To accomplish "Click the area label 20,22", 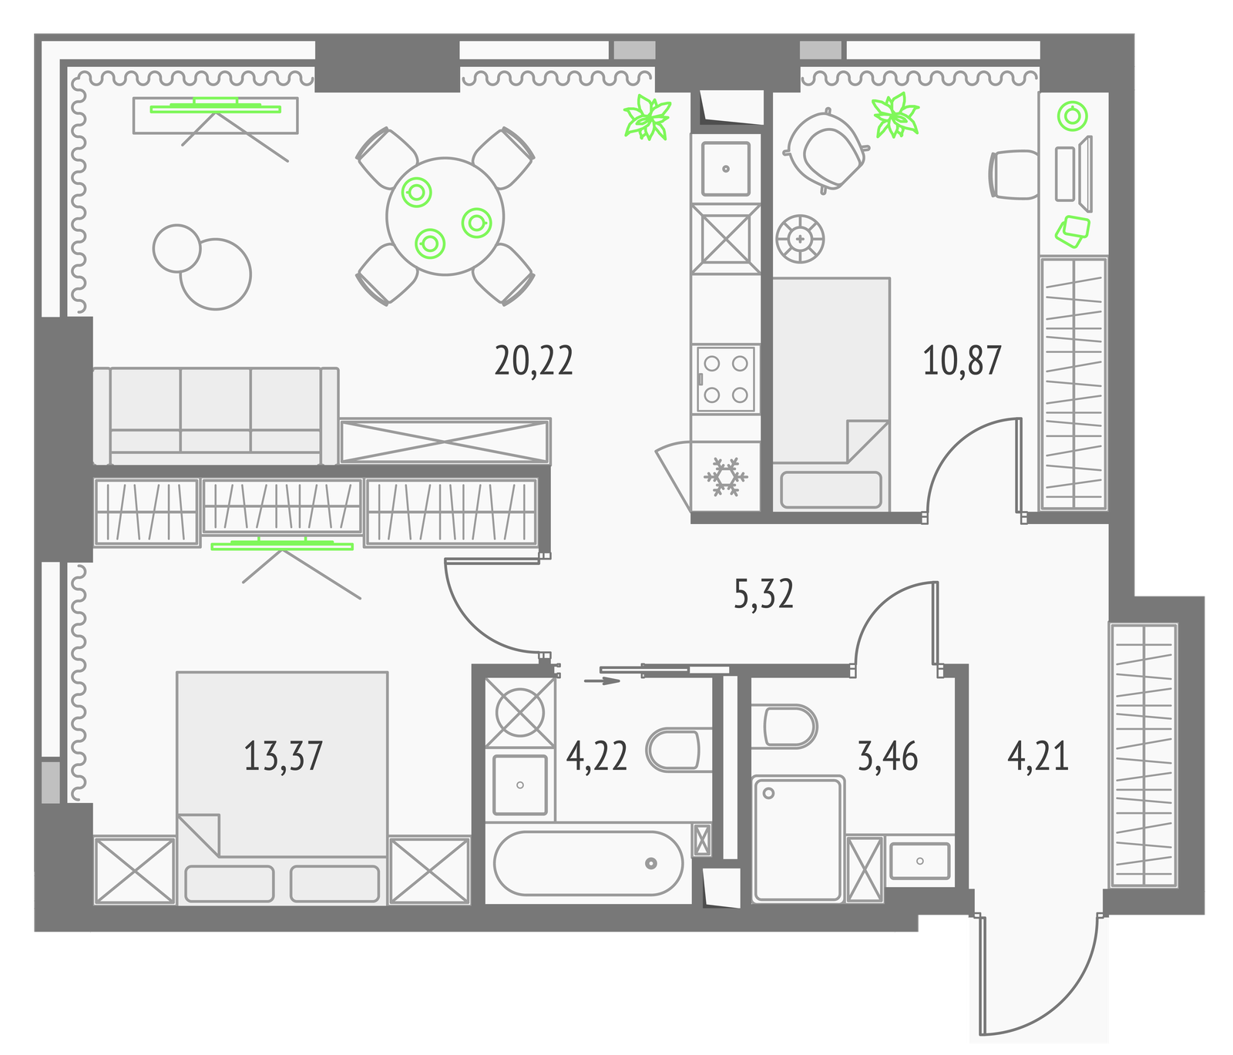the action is click(533, 361).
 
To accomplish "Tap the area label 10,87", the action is click(962, 361).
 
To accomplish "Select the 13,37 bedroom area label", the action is click(283, 756).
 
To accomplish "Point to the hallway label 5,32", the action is click(763, 594).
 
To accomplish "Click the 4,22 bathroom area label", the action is click(596, 756).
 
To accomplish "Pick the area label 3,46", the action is click(888, 756).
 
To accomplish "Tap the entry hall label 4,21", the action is click(1038, 756).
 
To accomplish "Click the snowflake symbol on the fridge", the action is click(725, 477).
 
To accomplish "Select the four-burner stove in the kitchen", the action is click(726, 378).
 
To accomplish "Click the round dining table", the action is click(445, 217).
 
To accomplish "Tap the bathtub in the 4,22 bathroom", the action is click(588, 863).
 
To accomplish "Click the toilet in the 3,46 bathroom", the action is click(783, 726).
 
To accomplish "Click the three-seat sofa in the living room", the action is click(216, 415).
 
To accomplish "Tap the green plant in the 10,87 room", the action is click(895, 116).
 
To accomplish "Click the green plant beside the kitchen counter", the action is click(647, 118).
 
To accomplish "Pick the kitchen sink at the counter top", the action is click(726, 169).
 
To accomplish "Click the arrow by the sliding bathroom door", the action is click(602, 680).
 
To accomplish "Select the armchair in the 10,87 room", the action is click(826, 150).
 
